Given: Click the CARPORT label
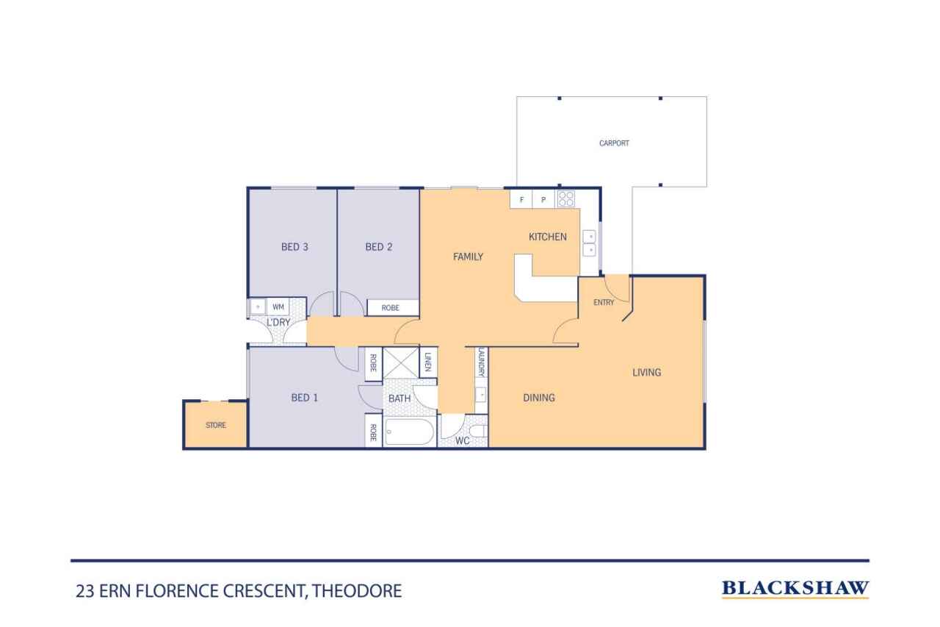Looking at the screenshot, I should [614, 143].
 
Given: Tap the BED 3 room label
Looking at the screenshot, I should [294, 247].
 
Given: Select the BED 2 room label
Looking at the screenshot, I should [379, 247].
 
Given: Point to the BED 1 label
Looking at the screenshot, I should [305, 398].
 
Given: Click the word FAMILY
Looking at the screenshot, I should [468, 257].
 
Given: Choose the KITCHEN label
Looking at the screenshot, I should [548, 237].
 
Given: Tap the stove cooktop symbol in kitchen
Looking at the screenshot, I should [566, 198].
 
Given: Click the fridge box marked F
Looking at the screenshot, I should [522, 199].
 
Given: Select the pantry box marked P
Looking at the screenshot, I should [543, 199].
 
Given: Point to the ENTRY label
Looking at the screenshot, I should [604, 302].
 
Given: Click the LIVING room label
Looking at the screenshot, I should [647, 373].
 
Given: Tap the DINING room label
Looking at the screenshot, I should [539, 398].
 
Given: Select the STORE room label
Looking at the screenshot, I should [216, 426].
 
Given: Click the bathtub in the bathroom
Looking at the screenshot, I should [409, 432].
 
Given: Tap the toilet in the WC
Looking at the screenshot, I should [478, 431].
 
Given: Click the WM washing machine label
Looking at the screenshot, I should [278, 307].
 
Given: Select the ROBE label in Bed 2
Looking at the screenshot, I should [391, 308].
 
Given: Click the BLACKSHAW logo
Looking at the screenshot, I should [795, 588].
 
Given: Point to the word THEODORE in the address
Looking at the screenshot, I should [358, 590].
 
